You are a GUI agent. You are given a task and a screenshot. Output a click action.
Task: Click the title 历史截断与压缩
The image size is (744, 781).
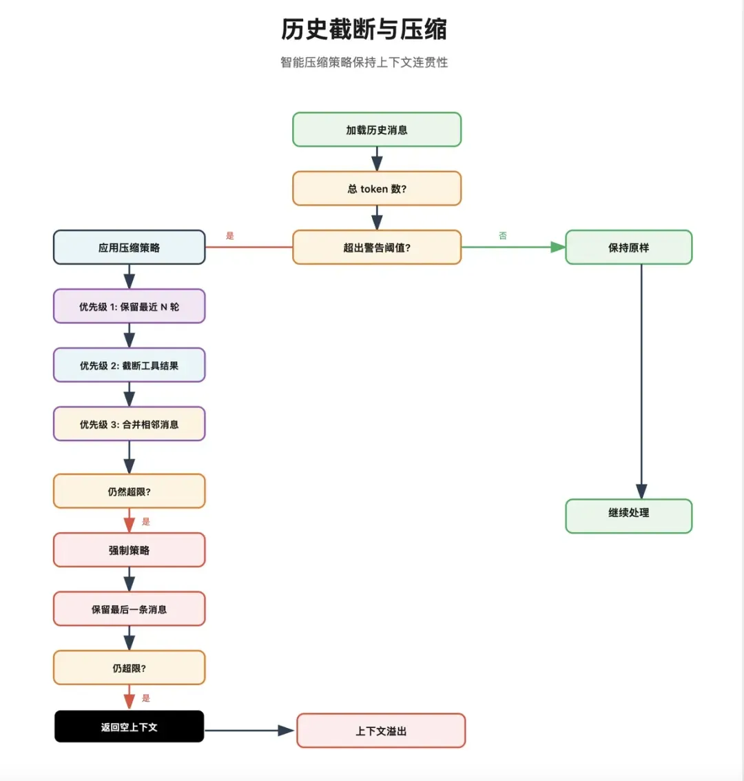[364, 30]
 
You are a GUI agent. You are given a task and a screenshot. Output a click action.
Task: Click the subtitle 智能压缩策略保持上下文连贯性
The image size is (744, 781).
[364, 63]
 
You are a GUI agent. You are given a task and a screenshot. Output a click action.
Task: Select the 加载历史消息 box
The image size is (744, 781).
[377, 130]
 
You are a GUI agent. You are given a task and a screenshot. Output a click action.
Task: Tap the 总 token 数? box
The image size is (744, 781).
[377, 189]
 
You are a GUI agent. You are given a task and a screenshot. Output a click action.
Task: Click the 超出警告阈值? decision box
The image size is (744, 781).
[377, 247]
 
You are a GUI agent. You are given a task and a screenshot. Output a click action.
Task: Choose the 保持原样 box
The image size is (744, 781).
[628, 247]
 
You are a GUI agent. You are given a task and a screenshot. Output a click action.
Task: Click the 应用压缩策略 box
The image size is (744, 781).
[129, 247]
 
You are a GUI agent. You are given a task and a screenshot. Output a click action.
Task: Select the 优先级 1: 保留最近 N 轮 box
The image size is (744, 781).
[129, 307]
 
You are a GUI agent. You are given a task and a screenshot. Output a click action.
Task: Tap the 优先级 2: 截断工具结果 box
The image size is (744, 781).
[129, 365]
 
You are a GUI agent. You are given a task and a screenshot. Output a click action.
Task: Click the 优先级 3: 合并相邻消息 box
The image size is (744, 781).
[129, 424]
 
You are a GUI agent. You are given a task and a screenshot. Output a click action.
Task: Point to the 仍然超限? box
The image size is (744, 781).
[129, 491]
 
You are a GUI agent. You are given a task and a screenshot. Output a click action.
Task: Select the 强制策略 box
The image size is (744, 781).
[129, 550]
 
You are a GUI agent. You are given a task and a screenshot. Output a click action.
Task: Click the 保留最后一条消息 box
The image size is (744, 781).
[129, 609]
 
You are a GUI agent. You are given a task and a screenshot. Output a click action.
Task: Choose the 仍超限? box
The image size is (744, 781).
[129, 668]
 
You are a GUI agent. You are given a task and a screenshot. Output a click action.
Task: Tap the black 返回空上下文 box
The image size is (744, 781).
[129, 727]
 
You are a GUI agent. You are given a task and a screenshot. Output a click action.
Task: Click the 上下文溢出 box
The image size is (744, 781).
[381, 731]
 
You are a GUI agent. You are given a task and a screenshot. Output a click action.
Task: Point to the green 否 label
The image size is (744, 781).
[503, 236]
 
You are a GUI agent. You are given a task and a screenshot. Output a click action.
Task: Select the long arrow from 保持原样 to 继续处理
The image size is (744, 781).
[641, 379]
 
